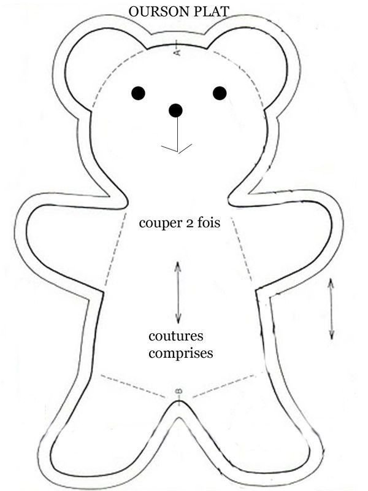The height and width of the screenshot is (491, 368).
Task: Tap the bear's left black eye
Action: (x=139, y=93)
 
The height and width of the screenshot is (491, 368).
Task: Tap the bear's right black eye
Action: (x=220, y=93)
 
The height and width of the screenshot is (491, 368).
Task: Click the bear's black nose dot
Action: (x=175, y=110)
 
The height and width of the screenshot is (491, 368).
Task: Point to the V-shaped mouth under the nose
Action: (x=177, y=148)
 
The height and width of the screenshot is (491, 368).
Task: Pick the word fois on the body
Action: (x=209, y=223)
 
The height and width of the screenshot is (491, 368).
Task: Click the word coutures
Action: (x=176, y=336)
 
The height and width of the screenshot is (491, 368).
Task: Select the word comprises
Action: (x=181, y=354)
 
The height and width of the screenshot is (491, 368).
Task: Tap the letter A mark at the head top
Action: (x=177, y=51)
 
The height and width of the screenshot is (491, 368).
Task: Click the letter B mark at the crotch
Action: (x=178, y=392)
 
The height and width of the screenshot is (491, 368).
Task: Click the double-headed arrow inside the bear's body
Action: (x=178, y=293)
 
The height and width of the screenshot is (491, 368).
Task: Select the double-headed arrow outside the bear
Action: (x=331, y=309)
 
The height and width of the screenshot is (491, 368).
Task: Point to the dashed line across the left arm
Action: (x=115, y=249)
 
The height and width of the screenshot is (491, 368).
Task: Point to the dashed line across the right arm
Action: (x=241, y=249)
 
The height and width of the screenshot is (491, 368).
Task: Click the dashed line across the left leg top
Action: (x=133, y=386)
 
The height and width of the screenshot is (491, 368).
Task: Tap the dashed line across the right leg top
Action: (x=228, y=385)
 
